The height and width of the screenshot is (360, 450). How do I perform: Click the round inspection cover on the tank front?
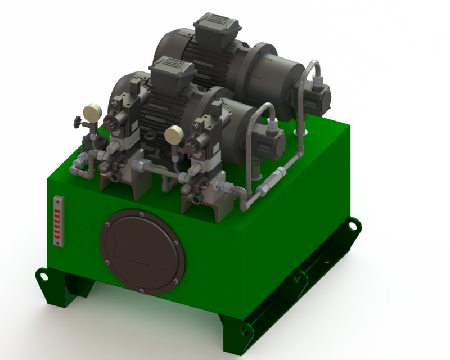[x=143, y=251]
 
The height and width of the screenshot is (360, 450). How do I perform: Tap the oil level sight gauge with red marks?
[x=58, y=220]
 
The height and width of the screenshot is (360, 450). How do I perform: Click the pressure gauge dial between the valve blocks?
[x=173, y=134]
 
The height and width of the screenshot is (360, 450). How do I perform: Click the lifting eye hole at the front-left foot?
[x=42, y=276]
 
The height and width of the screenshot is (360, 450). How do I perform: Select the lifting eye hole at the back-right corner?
[x=353, y=225]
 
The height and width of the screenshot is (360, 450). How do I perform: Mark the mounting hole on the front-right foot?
[x=243, y=330]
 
